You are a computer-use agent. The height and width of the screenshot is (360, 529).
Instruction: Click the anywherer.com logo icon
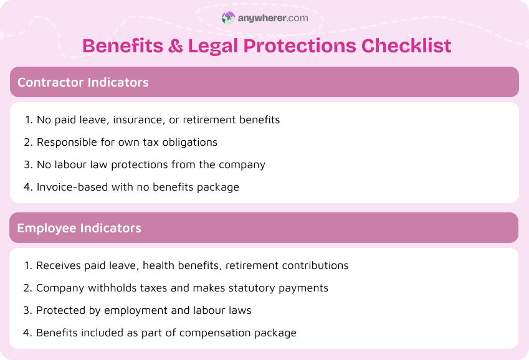(x=229, y=18)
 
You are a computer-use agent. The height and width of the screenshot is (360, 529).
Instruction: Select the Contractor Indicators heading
(x=83, y=82)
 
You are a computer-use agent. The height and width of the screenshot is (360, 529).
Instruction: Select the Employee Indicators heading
(x=79, y=228)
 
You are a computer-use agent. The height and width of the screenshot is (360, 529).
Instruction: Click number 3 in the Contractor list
(x=27, y=164)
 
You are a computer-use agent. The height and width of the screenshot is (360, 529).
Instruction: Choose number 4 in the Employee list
(x=27, y=333)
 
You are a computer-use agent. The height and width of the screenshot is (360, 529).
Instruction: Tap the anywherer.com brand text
(x=273, y=18)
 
